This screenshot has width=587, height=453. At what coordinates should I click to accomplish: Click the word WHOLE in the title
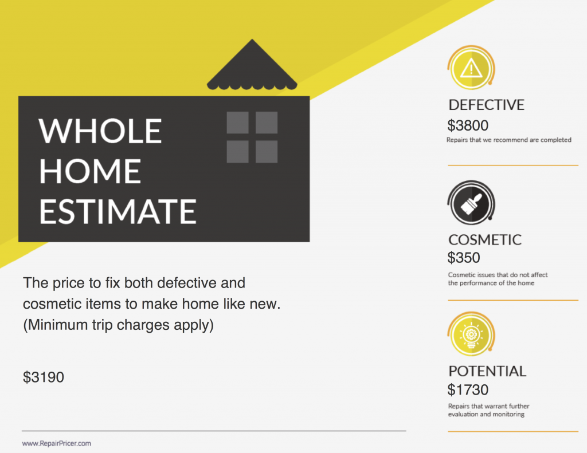point(100,131)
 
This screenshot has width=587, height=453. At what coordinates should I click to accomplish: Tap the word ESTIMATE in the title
point(118,211)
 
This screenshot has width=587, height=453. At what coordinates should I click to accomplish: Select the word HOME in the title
point(90,171)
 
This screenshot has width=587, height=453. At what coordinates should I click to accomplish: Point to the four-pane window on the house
point(252,137)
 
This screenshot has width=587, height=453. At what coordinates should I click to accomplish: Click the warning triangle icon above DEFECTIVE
point(471,68)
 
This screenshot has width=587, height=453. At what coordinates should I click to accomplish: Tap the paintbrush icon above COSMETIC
point(471,203)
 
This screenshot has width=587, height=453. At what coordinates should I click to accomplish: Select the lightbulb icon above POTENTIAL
point(471,334)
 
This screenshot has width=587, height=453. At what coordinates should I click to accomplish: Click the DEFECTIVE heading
point(486,105)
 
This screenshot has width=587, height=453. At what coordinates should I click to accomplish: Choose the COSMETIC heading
point(485,240)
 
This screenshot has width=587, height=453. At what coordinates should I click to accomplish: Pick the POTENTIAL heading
point(487,371)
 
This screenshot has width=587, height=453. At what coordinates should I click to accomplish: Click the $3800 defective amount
point(468,125)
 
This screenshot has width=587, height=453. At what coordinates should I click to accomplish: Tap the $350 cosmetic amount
point(463,257)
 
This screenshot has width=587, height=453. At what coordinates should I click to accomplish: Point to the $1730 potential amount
point(468,390)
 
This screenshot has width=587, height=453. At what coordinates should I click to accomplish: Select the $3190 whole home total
point(44,377)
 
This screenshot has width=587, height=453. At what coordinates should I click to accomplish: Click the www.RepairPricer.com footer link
point(57,443)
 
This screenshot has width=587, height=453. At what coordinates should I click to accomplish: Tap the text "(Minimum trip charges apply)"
point(118,325)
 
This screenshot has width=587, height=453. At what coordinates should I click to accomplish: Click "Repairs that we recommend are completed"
point(509,140)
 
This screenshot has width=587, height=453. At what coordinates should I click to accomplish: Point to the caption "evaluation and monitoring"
point(486,414)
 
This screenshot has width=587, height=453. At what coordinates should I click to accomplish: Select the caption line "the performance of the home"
point(491,283)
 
